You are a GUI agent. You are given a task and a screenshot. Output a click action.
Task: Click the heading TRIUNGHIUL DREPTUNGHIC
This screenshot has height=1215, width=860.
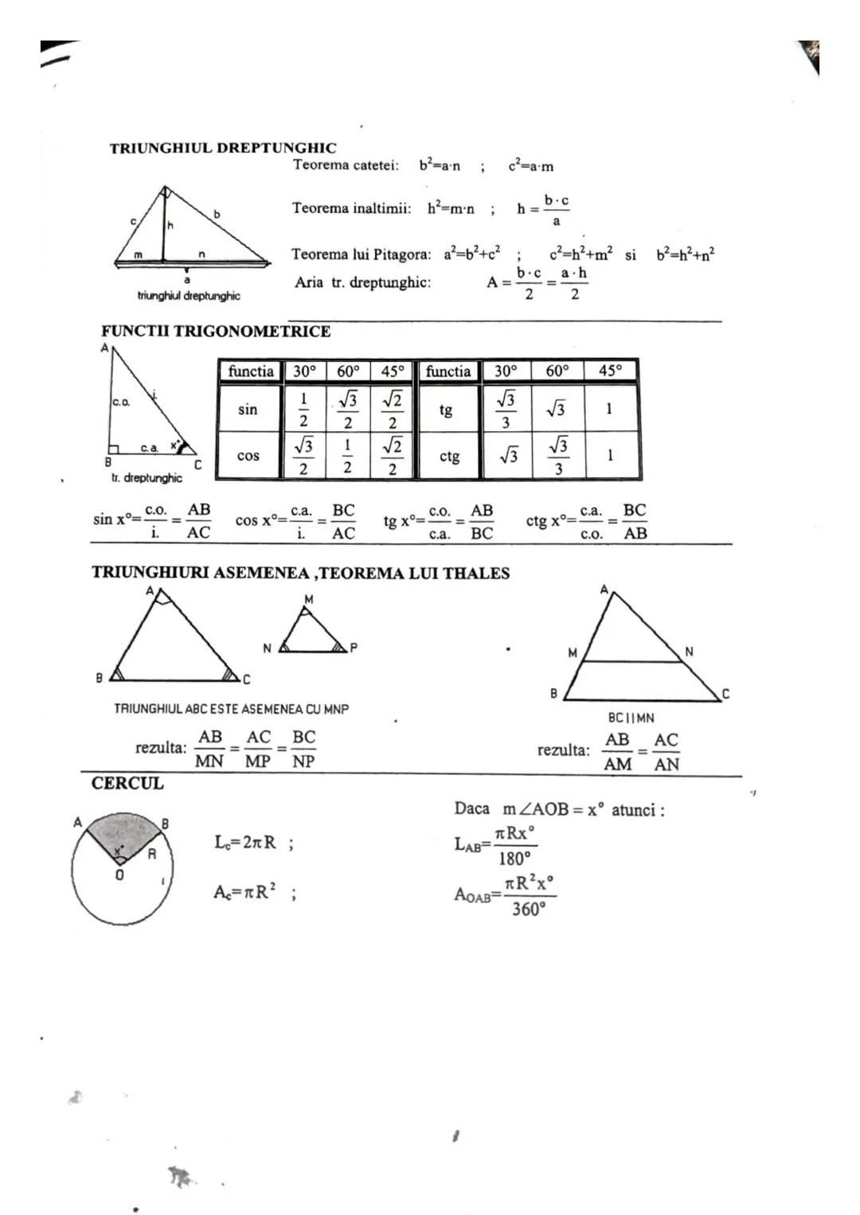(223, 148)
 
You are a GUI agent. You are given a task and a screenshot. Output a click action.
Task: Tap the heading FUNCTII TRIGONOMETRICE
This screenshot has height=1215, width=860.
(216, 331)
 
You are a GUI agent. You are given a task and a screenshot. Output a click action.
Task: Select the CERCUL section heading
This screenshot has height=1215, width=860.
(127, 783)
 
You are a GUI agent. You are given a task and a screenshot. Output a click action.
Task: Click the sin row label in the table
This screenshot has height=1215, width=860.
(248, 409)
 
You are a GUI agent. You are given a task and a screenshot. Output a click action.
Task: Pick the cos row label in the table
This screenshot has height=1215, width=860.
(248, 456)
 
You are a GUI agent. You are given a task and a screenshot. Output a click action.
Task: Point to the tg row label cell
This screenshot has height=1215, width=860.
(446, 410)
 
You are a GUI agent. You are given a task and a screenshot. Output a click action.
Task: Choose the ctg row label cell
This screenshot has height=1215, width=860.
(449, 457)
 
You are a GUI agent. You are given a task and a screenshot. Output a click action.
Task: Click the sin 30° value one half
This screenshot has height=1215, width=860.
(303, 409)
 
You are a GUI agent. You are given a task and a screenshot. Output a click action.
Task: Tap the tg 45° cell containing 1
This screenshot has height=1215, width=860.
(609, 409)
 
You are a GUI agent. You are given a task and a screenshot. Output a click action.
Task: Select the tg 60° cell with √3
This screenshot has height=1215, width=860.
(557, 409)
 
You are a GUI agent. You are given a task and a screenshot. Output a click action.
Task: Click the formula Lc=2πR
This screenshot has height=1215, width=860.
(245, 842)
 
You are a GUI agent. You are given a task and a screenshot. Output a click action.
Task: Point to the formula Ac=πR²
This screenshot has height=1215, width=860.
(244, 892)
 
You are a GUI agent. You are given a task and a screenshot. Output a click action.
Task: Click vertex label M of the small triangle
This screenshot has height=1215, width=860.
(309, 599)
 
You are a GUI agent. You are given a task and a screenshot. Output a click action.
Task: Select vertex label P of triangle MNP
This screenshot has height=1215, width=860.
(354, 648)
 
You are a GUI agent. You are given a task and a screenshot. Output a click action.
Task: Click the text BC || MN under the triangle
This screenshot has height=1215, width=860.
(631, 718)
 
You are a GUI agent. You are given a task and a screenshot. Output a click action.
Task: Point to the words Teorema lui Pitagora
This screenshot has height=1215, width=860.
(361, 255)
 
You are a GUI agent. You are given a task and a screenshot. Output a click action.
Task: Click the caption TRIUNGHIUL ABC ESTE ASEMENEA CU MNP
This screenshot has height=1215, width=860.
(231, 708)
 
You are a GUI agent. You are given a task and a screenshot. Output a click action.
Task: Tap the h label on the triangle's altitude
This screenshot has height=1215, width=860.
(170, 226)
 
